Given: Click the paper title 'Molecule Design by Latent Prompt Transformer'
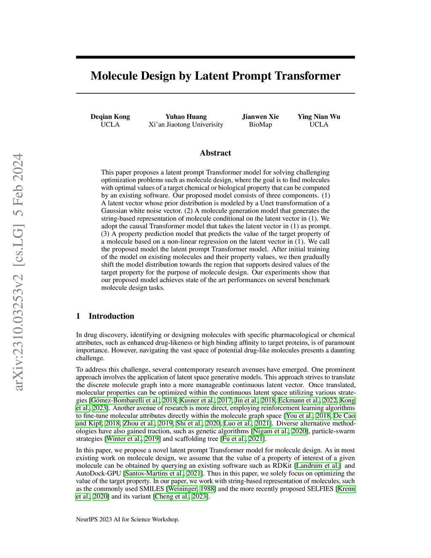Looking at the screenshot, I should tap(215, 76).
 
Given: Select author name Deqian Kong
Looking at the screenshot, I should tap(110, 117).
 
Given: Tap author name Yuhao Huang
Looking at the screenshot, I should tap(186, 117).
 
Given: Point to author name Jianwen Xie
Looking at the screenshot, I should tap(260, 117).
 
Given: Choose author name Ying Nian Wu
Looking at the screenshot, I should tap(319, 117).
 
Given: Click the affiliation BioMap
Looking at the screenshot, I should tap(260, 125).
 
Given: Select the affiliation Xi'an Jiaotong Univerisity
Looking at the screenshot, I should tap(186, 125).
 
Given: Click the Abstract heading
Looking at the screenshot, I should tap(215, 153).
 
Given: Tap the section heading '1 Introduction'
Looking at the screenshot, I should tap(105, 316).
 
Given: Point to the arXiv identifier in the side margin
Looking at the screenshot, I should tap(18, 272).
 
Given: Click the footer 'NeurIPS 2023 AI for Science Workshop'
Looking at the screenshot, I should tap(128, 519).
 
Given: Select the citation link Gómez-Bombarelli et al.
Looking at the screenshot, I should tap(125, 400).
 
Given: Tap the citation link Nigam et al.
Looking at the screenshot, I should tap(271, 431).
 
